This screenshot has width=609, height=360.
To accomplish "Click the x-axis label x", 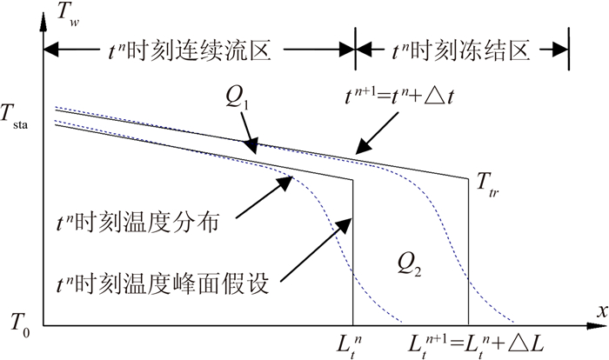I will click(x=599, y=310).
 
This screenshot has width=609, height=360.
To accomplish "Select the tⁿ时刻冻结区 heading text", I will click(x=463, y=52).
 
